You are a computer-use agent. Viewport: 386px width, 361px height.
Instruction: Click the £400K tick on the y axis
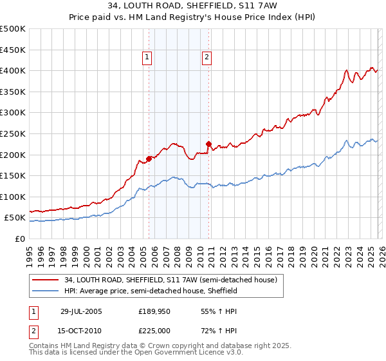pyautogui.click(x=13, y=70)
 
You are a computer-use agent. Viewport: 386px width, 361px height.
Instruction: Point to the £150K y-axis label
pyautogui.click(x=13, y=175)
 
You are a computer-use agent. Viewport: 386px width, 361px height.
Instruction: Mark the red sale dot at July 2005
pyautogui.click(x=149, y=158)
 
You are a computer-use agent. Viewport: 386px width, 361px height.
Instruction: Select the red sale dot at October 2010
pyautogui.click(x=208, y=144)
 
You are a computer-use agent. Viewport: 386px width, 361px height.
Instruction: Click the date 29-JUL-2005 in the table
pyautogui.click(x=82, y=311)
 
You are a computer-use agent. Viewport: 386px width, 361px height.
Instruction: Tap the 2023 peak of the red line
pyautogui.click(x=347, y=70)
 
